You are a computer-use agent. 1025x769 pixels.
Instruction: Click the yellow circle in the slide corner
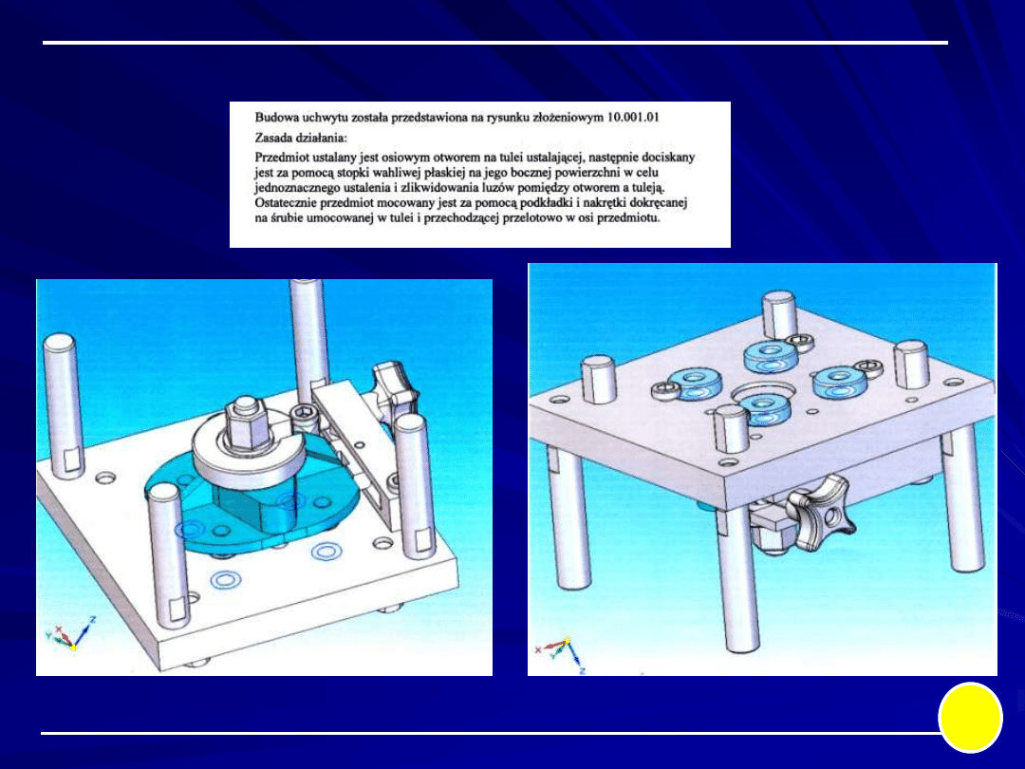(970, 718)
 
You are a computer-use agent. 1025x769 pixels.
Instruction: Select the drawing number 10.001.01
(633, 118)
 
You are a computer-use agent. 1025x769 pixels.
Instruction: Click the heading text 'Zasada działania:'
(301, 138)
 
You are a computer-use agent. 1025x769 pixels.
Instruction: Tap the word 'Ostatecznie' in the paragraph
(287, 203)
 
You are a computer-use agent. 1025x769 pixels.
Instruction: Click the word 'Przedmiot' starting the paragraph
(281, 158)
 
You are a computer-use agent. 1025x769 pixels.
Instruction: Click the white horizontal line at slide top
(495, 43)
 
